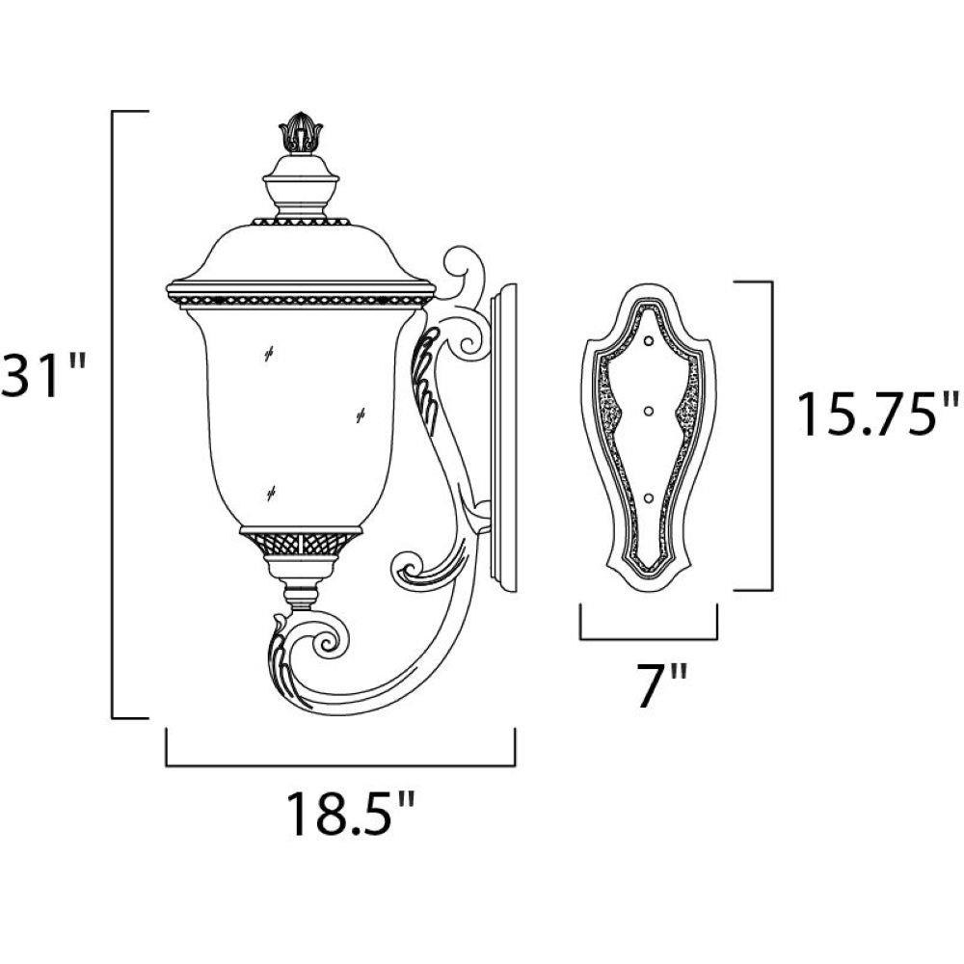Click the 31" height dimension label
[43, 375]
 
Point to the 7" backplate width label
[661, 686]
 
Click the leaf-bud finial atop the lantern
[301, 132]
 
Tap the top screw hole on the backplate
[649, 340]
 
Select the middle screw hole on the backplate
[649, 410]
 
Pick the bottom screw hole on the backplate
[649, 497]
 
